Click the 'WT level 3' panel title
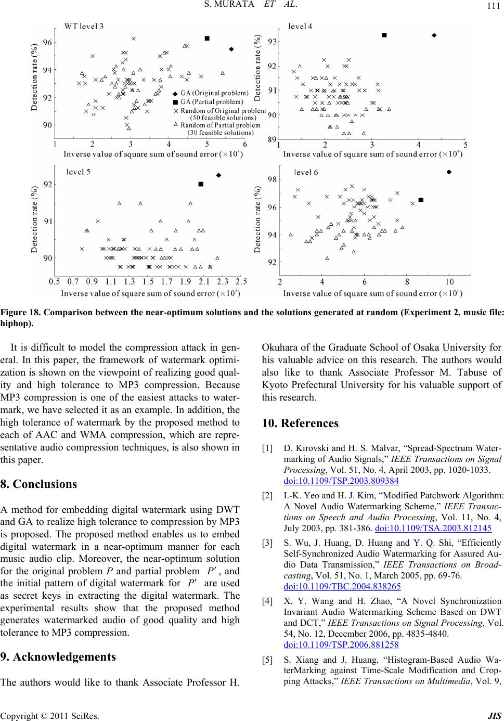[83, 27]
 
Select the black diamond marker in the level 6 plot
[449, 171]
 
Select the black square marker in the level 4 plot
[384, 35]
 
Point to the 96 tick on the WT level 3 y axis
[47, 42]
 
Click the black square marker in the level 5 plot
[201, 184]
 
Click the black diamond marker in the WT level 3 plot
[231, 49]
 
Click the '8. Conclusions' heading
[38, 484]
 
